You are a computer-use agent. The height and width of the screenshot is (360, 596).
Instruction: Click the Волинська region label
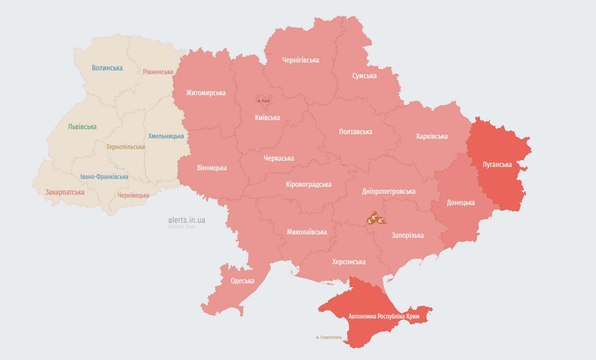pos(107,68)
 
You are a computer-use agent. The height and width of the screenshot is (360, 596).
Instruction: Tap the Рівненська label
pos(158,72)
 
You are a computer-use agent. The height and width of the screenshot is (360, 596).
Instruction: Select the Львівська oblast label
pos(82,127)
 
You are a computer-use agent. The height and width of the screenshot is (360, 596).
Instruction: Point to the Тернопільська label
pos(125,147)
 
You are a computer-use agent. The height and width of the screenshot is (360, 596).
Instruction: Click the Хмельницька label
pos(166,136)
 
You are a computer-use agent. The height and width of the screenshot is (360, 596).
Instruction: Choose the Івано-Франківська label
pos(104,177)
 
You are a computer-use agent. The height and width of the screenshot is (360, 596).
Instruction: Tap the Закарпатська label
pos(65,192)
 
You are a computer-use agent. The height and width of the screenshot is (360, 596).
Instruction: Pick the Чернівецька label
pos(133,196)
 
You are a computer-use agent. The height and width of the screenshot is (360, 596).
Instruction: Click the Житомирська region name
pos(206,93)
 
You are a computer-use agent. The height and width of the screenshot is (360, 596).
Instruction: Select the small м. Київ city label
pos(263,101)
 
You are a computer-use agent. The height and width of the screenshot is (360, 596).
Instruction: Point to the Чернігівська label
pos(300,60)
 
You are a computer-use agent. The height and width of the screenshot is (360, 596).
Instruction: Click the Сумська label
pos(364,76)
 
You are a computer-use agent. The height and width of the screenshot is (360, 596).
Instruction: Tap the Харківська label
pos(432,136)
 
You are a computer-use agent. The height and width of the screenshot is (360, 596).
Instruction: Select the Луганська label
pos(497,164)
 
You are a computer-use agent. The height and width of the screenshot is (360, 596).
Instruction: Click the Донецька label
pos(461,203)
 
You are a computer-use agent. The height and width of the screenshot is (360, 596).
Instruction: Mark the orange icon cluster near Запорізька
pos(376,219)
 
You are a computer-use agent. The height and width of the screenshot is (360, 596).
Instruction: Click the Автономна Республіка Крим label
pos(384,317)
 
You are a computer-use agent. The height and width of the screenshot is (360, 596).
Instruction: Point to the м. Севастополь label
pos(329,338)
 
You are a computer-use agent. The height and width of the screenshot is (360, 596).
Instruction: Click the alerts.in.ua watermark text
pos(186,220)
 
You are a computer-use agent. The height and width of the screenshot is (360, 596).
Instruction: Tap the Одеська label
pos(242,281)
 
